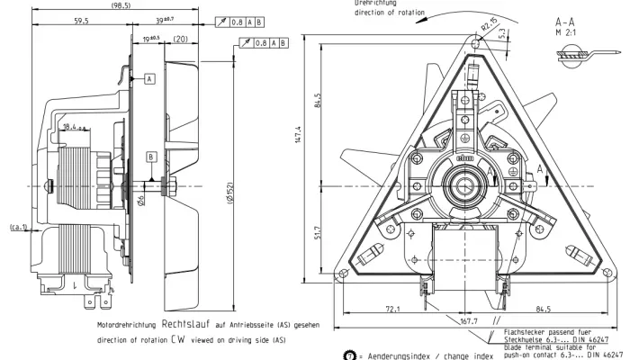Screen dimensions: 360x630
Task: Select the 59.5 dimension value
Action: (81, 19)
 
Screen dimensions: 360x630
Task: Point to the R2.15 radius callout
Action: (489, 22)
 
